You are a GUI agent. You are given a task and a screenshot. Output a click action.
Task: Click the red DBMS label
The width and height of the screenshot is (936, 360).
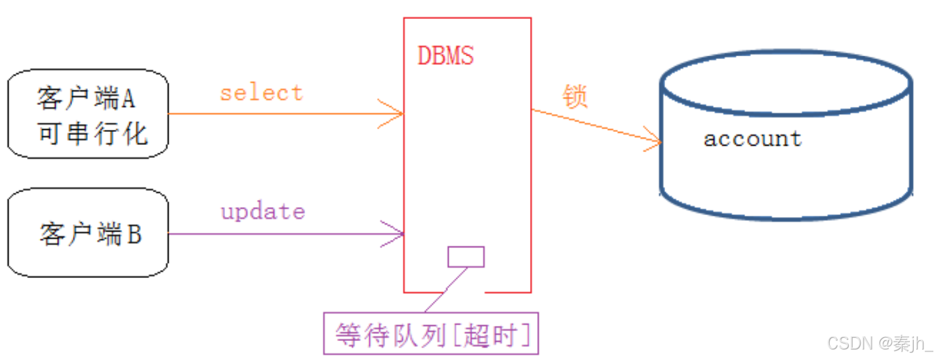pyautogui.click(x=445, y=56)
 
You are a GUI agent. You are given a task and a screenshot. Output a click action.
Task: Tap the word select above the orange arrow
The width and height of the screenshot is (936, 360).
pyautogui.click(x=261, y=92)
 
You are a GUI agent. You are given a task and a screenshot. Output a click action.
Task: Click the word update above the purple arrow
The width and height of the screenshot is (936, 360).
pyautogui.click(x=262, y=211)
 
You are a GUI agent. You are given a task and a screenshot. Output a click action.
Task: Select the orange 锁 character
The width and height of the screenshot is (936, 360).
pyautogui.click(x=575, y=96)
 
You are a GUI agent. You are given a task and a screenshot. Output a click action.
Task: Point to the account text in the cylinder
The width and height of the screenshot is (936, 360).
pyautogui.click(x=752, y=138)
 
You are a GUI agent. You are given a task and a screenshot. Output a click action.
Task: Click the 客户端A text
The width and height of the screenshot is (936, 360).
pyautogui.click(x=86, y=100)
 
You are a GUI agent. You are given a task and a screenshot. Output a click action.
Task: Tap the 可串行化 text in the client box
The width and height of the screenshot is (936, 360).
pyautogui.click(x=92, y=134)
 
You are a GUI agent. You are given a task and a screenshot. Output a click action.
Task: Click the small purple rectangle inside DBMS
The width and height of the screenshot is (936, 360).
pyautogui.click(x=466, y=256)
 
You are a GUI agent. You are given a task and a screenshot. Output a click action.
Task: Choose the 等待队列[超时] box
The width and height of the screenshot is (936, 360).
pyautogui.click(x=431, y=334)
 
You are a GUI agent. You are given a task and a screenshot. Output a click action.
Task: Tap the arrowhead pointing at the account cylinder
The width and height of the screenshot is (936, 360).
pyautogui.click(x=657, y=140)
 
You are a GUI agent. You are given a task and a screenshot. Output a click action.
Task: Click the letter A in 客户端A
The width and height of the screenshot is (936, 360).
pyautogui.click(x=128, y=100)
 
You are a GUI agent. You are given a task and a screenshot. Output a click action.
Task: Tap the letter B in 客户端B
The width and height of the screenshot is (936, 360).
pyautogui.click(x=134, y=234)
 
